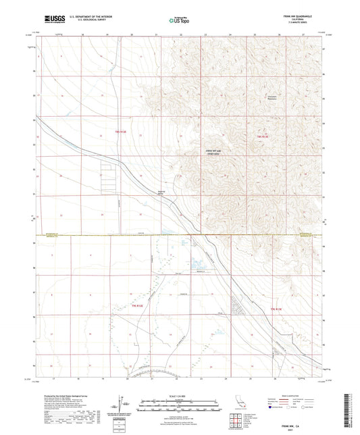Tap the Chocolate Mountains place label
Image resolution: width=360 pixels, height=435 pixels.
(x=273, y=98)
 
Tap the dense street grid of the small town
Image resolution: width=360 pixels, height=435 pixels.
(x=240, y=307)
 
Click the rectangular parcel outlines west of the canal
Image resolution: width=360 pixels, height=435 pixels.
(x=107, y=179)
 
